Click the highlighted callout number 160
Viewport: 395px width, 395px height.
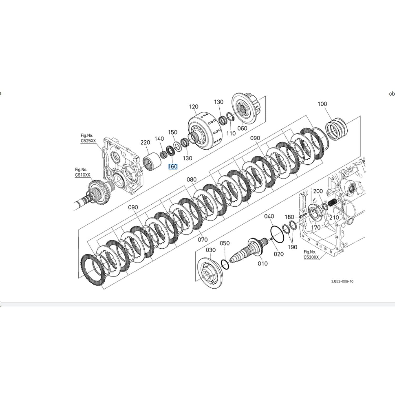click(x=173, y=166)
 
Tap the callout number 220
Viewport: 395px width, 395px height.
click(x=145, y=142)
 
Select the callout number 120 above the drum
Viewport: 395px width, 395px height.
click(x=194, y=107)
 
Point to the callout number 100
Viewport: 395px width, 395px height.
click(x=322, y=104)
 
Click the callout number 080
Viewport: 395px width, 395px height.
click(x=191, y=179)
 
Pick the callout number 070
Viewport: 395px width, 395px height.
click(x=203, y=240)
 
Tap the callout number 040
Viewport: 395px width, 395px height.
click(x=269, y=216)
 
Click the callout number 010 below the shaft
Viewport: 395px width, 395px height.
click(x=263, y=263)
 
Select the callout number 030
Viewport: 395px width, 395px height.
click(x=211, y=250)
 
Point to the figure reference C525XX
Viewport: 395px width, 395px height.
click(x=88, y=141)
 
